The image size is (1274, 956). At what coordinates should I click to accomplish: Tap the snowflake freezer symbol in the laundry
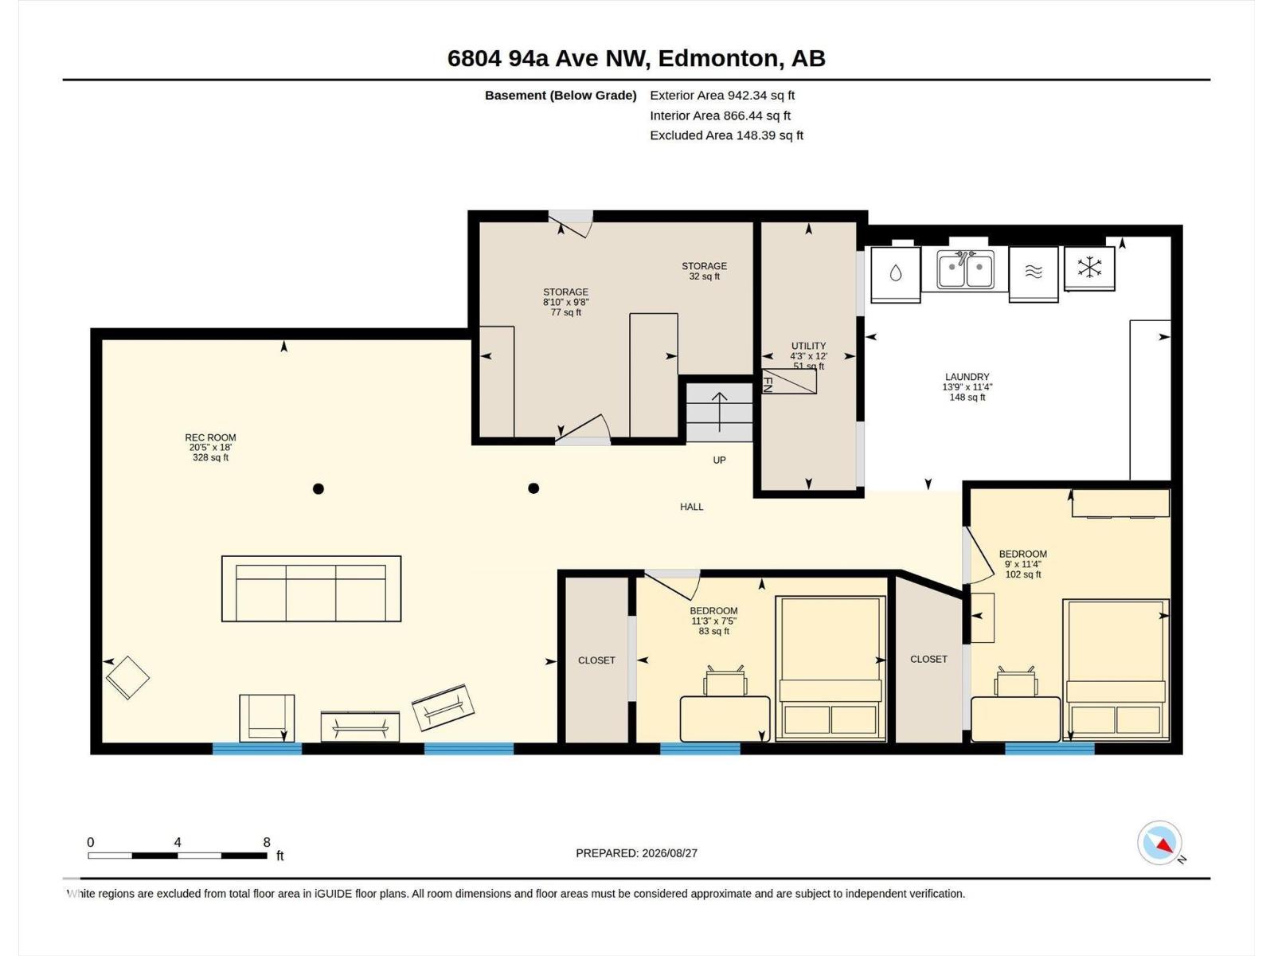1089,268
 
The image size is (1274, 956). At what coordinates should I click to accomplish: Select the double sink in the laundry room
965,270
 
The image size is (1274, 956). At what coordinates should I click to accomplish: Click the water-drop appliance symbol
896,274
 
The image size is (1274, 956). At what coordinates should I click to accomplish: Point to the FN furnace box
789,382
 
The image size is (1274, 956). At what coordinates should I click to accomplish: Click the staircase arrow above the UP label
720,412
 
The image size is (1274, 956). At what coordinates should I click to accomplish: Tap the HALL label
692,507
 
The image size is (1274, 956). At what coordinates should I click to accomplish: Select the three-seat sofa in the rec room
311,589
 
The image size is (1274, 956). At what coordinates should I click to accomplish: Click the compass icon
1159,842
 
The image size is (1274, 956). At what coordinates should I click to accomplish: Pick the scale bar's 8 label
267,842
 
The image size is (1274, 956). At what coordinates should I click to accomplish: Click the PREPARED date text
637,853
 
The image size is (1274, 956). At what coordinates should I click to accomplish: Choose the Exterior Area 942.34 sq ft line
722,95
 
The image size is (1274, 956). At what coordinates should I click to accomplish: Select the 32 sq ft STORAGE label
704,271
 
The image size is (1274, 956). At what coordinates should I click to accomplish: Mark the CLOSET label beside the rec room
596,660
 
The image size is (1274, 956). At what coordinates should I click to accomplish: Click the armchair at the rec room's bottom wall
267,718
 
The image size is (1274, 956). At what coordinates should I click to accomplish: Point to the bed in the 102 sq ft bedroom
1116,671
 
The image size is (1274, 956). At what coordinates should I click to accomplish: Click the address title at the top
636,59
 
